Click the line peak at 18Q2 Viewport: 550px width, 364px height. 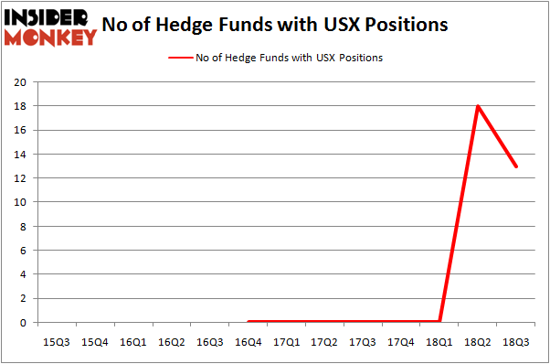pos(478,106)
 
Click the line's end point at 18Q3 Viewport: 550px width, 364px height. pos(516,166)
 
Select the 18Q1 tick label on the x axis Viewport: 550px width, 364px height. pos(439,342)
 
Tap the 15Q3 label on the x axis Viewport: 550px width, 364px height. pos(57,342)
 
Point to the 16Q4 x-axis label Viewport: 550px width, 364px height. pos(248,342)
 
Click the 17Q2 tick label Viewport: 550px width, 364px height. pos(324,342)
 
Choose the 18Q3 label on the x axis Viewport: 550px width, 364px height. pos(516,342)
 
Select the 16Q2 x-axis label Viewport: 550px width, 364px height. pos(172,342)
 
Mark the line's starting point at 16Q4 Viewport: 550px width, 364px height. pos(249,321)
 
